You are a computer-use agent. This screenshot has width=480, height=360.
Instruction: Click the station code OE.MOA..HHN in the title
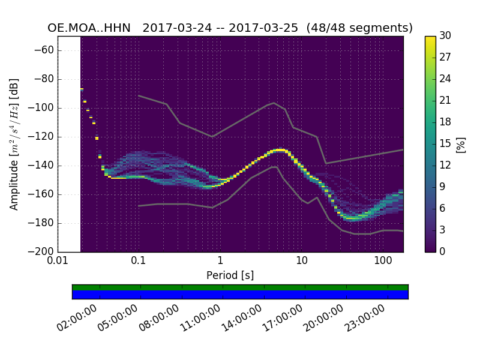pyautogui.click(x=91, y=28)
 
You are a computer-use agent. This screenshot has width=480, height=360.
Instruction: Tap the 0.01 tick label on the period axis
pyautogui.click(x=58, y=261)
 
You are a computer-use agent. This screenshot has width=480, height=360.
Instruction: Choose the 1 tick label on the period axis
pyautogui.click(x=220, y=261)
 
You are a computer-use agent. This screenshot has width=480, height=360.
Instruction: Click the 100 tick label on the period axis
pyautogui.click(x=383, y=261)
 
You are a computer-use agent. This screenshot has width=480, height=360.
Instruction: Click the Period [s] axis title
pyautogui.click(x=230, y=275)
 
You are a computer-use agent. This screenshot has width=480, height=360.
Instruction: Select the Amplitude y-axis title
pyautogui.click(x=14, y=144)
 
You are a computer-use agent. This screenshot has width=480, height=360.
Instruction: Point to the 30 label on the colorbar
pyautogui.click(x=446, y=36)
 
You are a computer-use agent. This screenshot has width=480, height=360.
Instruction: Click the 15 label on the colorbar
pyautogui.click(x=446, y=143)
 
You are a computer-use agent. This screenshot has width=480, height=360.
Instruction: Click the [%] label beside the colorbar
pyautogui.click(x=461, y=144)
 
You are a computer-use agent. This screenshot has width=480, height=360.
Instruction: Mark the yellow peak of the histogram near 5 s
pyautogui.click(x=280, y=149)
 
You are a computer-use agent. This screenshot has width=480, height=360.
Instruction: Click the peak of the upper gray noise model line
pyautogui.click(x=274, y=103)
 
